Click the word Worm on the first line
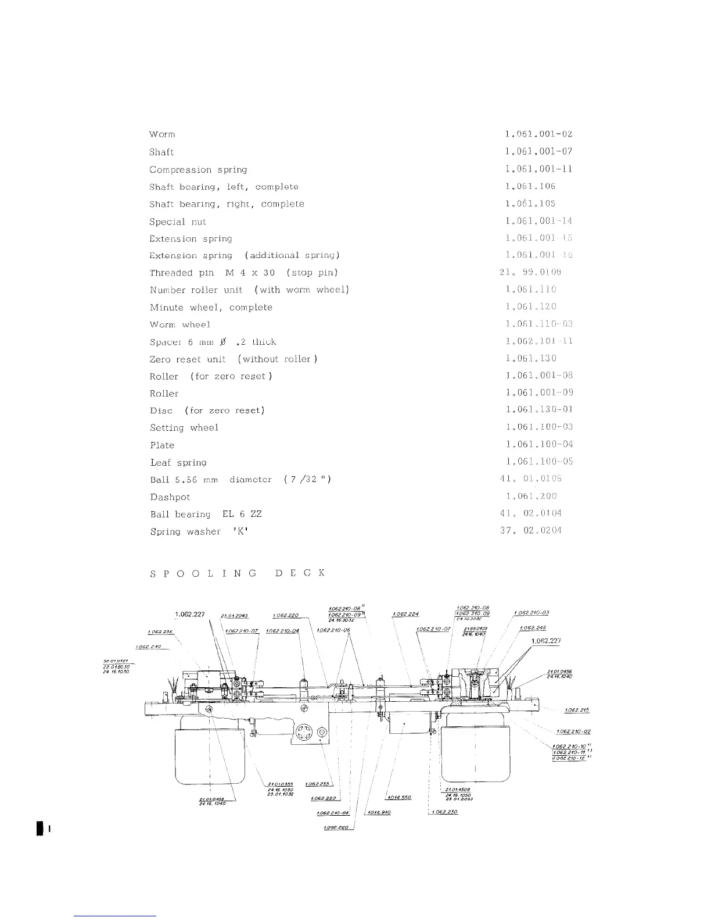pyautogui.click(x=162, y=135)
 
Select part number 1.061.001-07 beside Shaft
pyautogui.click(x=539, y=152)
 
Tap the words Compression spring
pyautogui.click(x=198, y=170)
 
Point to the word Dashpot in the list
pyautogui.click(x=170, y=497)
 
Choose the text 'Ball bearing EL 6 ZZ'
pyautogui.click(x=206, y=515)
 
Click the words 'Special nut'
pyautogui.click(x=177, y=222)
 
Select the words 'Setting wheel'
pyautogui.click(x=184, y=428)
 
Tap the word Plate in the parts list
pyautogui.click(x=162, y=445)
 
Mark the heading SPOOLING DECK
pyautogui.click(x=237, y=573)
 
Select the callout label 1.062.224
pyautogui.click(x=405, y=613)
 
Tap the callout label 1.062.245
pyautogui.click(x=533, y=628)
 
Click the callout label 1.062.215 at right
pyautogui.click(x=577, y=710)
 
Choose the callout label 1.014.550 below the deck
pyautogui.click(x=398, y=797)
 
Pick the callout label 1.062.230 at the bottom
pyautogui.click(x=445, y=812)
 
